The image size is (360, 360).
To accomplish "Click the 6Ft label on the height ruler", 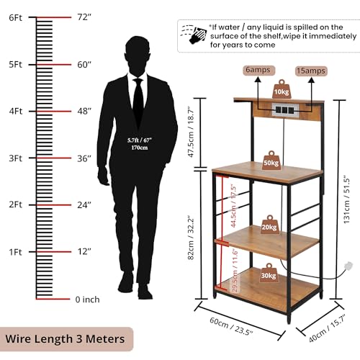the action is tap(15, 18).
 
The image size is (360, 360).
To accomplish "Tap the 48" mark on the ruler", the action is tap(84, 111).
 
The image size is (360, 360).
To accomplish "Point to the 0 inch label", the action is tap(87, 300).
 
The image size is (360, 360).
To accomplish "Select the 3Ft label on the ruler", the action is tap(15, 158).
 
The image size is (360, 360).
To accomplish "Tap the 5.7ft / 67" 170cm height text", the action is tap(140, 144).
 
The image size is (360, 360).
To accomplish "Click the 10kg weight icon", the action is tap(282, 89).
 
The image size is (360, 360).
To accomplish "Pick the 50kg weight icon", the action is tap(271, 161).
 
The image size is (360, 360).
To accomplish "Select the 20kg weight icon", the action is tap(269, 225).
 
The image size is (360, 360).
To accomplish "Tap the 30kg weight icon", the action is tap(269, 273).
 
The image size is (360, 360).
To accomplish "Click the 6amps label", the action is tap(258, 70).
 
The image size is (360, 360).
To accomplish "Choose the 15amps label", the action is tap(311, 71).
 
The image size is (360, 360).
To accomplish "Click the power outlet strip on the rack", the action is tap(285, 110).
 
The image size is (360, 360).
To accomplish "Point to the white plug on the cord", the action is tap(348, 266).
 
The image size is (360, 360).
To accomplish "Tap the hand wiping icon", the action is tap(194, 34).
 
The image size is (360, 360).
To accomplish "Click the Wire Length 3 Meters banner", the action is tap(65, 339).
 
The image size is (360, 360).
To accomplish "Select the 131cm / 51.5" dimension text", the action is tap(347, 201).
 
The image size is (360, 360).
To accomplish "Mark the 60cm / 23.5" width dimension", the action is tap(231, 326).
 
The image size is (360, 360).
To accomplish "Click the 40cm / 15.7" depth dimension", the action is tap(327, 329).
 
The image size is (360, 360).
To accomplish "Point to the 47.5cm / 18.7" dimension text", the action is tap(192, 132).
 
